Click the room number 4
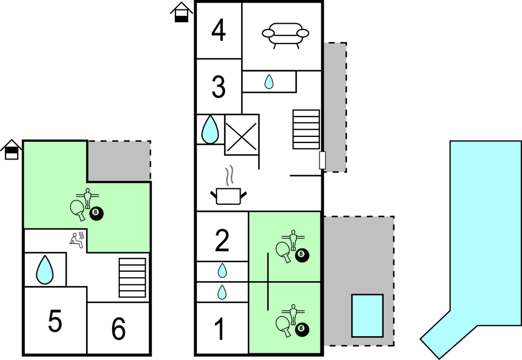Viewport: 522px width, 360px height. pyautogui.click(x=219, y=30)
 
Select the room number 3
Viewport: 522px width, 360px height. pyautogui.click(x=219, y=87)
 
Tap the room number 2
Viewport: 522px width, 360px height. pyautogui.click(x=222, y=240)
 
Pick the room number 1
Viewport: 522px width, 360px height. pyautogui.click(x=220, y=330)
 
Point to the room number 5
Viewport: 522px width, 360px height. pyautogui.click(x=55, y=322)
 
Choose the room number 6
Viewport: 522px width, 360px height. pyautogui.click(x=119, y=330)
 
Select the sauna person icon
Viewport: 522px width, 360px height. pyautogui.click(x=76, y=239)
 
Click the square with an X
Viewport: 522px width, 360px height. pyautogui.click(x=242, y=135)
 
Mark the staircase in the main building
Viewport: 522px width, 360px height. pyautogui.click(x=306, y=129)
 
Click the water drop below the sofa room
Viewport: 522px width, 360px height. pyautogui.click(x=269, y=82)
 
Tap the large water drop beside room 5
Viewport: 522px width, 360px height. pyautogui.click(x=44, y=269)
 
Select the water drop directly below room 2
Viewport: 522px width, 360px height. pyautogui.click(x=222, y=271)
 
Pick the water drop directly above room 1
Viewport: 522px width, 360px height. pyautogui.click(x=222, y=292)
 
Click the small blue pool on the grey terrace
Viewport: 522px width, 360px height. pyautogui.click(x=367, y=315)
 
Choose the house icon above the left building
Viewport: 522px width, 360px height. pyautogui.click(x=11, y=150)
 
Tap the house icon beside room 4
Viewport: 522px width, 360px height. pyautogui.click(x=182, y=12)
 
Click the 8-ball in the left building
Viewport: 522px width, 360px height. pyautogui.click(x=97, y=213)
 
